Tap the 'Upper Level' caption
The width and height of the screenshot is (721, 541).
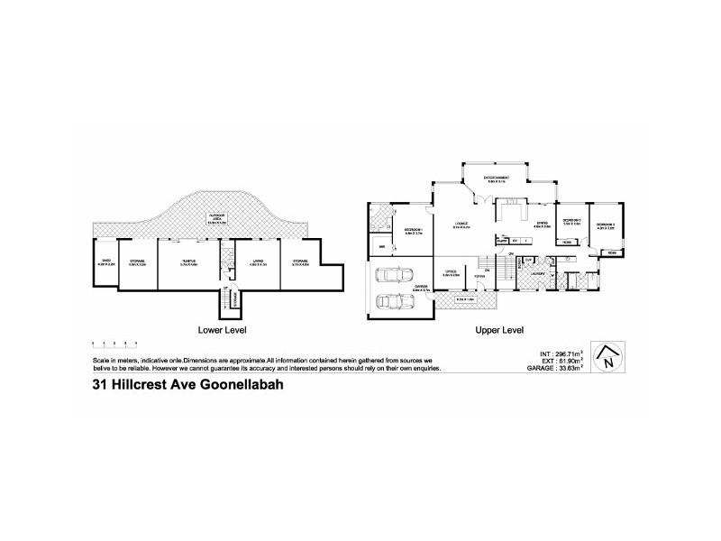499,330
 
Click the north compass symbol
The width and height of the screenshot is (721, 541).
610,358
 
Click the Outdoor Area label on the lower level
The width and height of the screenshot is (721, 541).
216,219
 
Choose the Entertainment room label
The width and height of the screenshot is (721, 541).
497,179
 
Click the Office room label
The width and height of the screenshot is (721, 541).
452,271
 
